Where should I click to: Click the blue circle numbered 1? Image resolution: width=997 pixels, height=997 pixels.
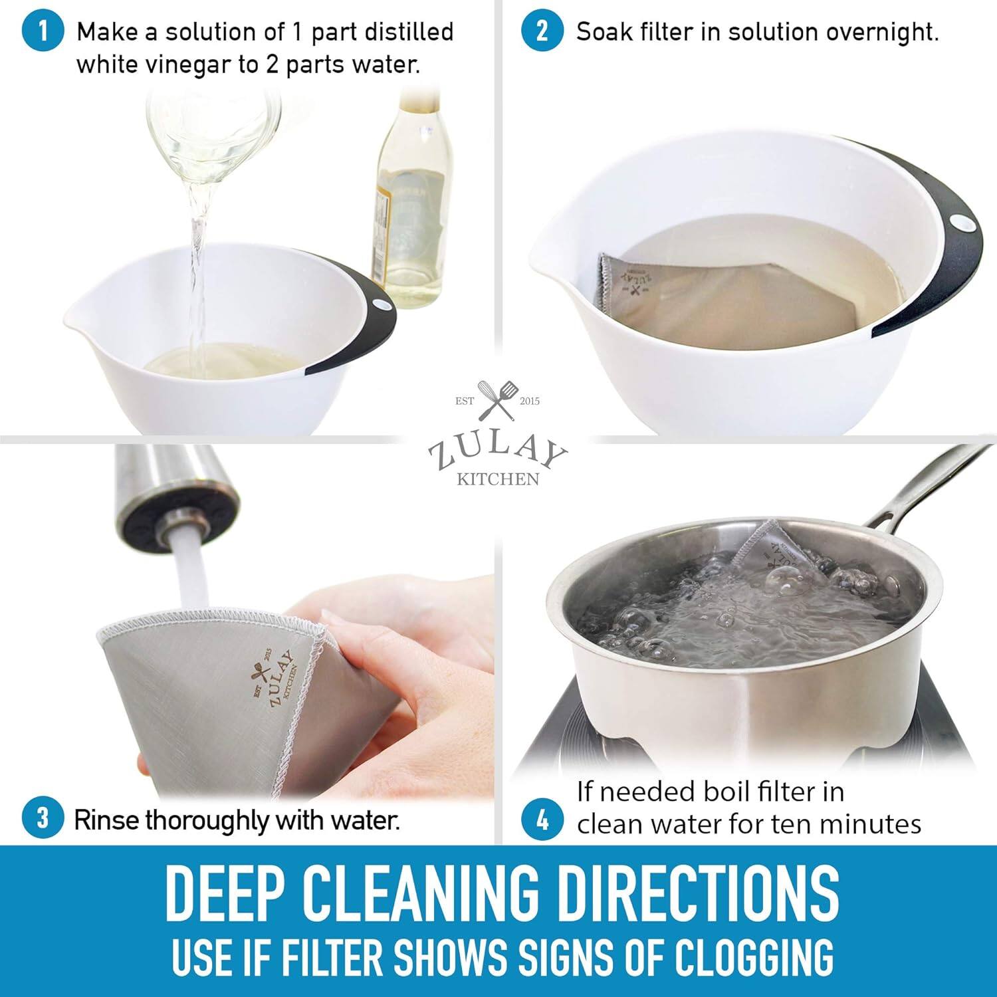pyautogui.click(x=43, y=32)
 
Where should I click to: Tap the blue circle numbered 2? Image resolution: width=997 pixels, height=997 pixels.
pyautogui.click(x=542, y=32)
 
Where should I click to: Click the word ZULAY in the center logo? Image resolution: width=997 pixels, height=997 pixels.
pyautogui.click(x=497, y=452)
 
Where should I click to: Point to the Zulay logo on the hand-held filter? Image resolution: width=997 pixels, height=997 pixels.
pyautogui.click(x=271, y=678)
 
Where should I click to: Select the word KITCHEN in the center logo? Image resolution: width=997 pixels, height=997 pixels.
pyautogui.click(x=497, y=479)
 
